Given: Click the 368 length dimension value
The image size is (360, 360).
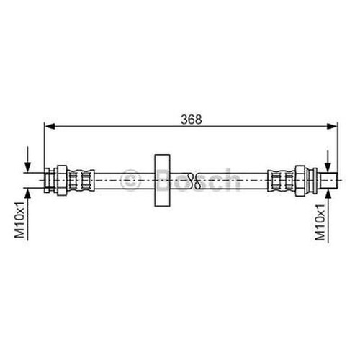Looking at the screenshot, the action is pyautogui.click(x=192, y=120).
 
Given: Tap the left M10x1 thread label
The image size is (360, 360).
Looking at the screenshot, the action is pyautogui.click(x=19, y=220).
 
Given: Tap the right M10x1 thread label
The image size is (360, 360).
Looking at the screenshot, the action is pyautogui.click(x=320, y=222).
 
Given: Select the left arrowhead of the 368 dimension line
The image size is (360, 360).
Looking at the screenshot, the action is pyautogui.click(x=50, y=126).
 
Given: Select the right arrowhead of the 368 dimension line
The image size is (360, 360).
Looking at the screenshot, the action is pyautogui.click(x=332, y=126).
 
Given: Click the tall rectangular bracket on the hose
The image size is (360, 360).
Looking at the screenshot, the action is pyautogui.click(x=163, y=180).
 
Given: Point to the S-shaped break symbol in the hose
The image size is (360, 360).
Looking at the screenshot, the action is pyautogui.click(x=194, y=180).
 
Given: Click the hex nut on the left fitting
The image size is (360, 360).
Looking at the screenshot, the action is pyautogui.click(x=61, y=180).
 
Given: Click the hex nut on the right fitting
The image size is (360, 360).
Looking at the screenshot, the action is pyautogui.click(x=300, y=180).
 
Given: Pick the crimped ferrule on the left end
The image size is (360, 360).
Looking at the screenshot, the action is pyautogui.click(x=81, y=180).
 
